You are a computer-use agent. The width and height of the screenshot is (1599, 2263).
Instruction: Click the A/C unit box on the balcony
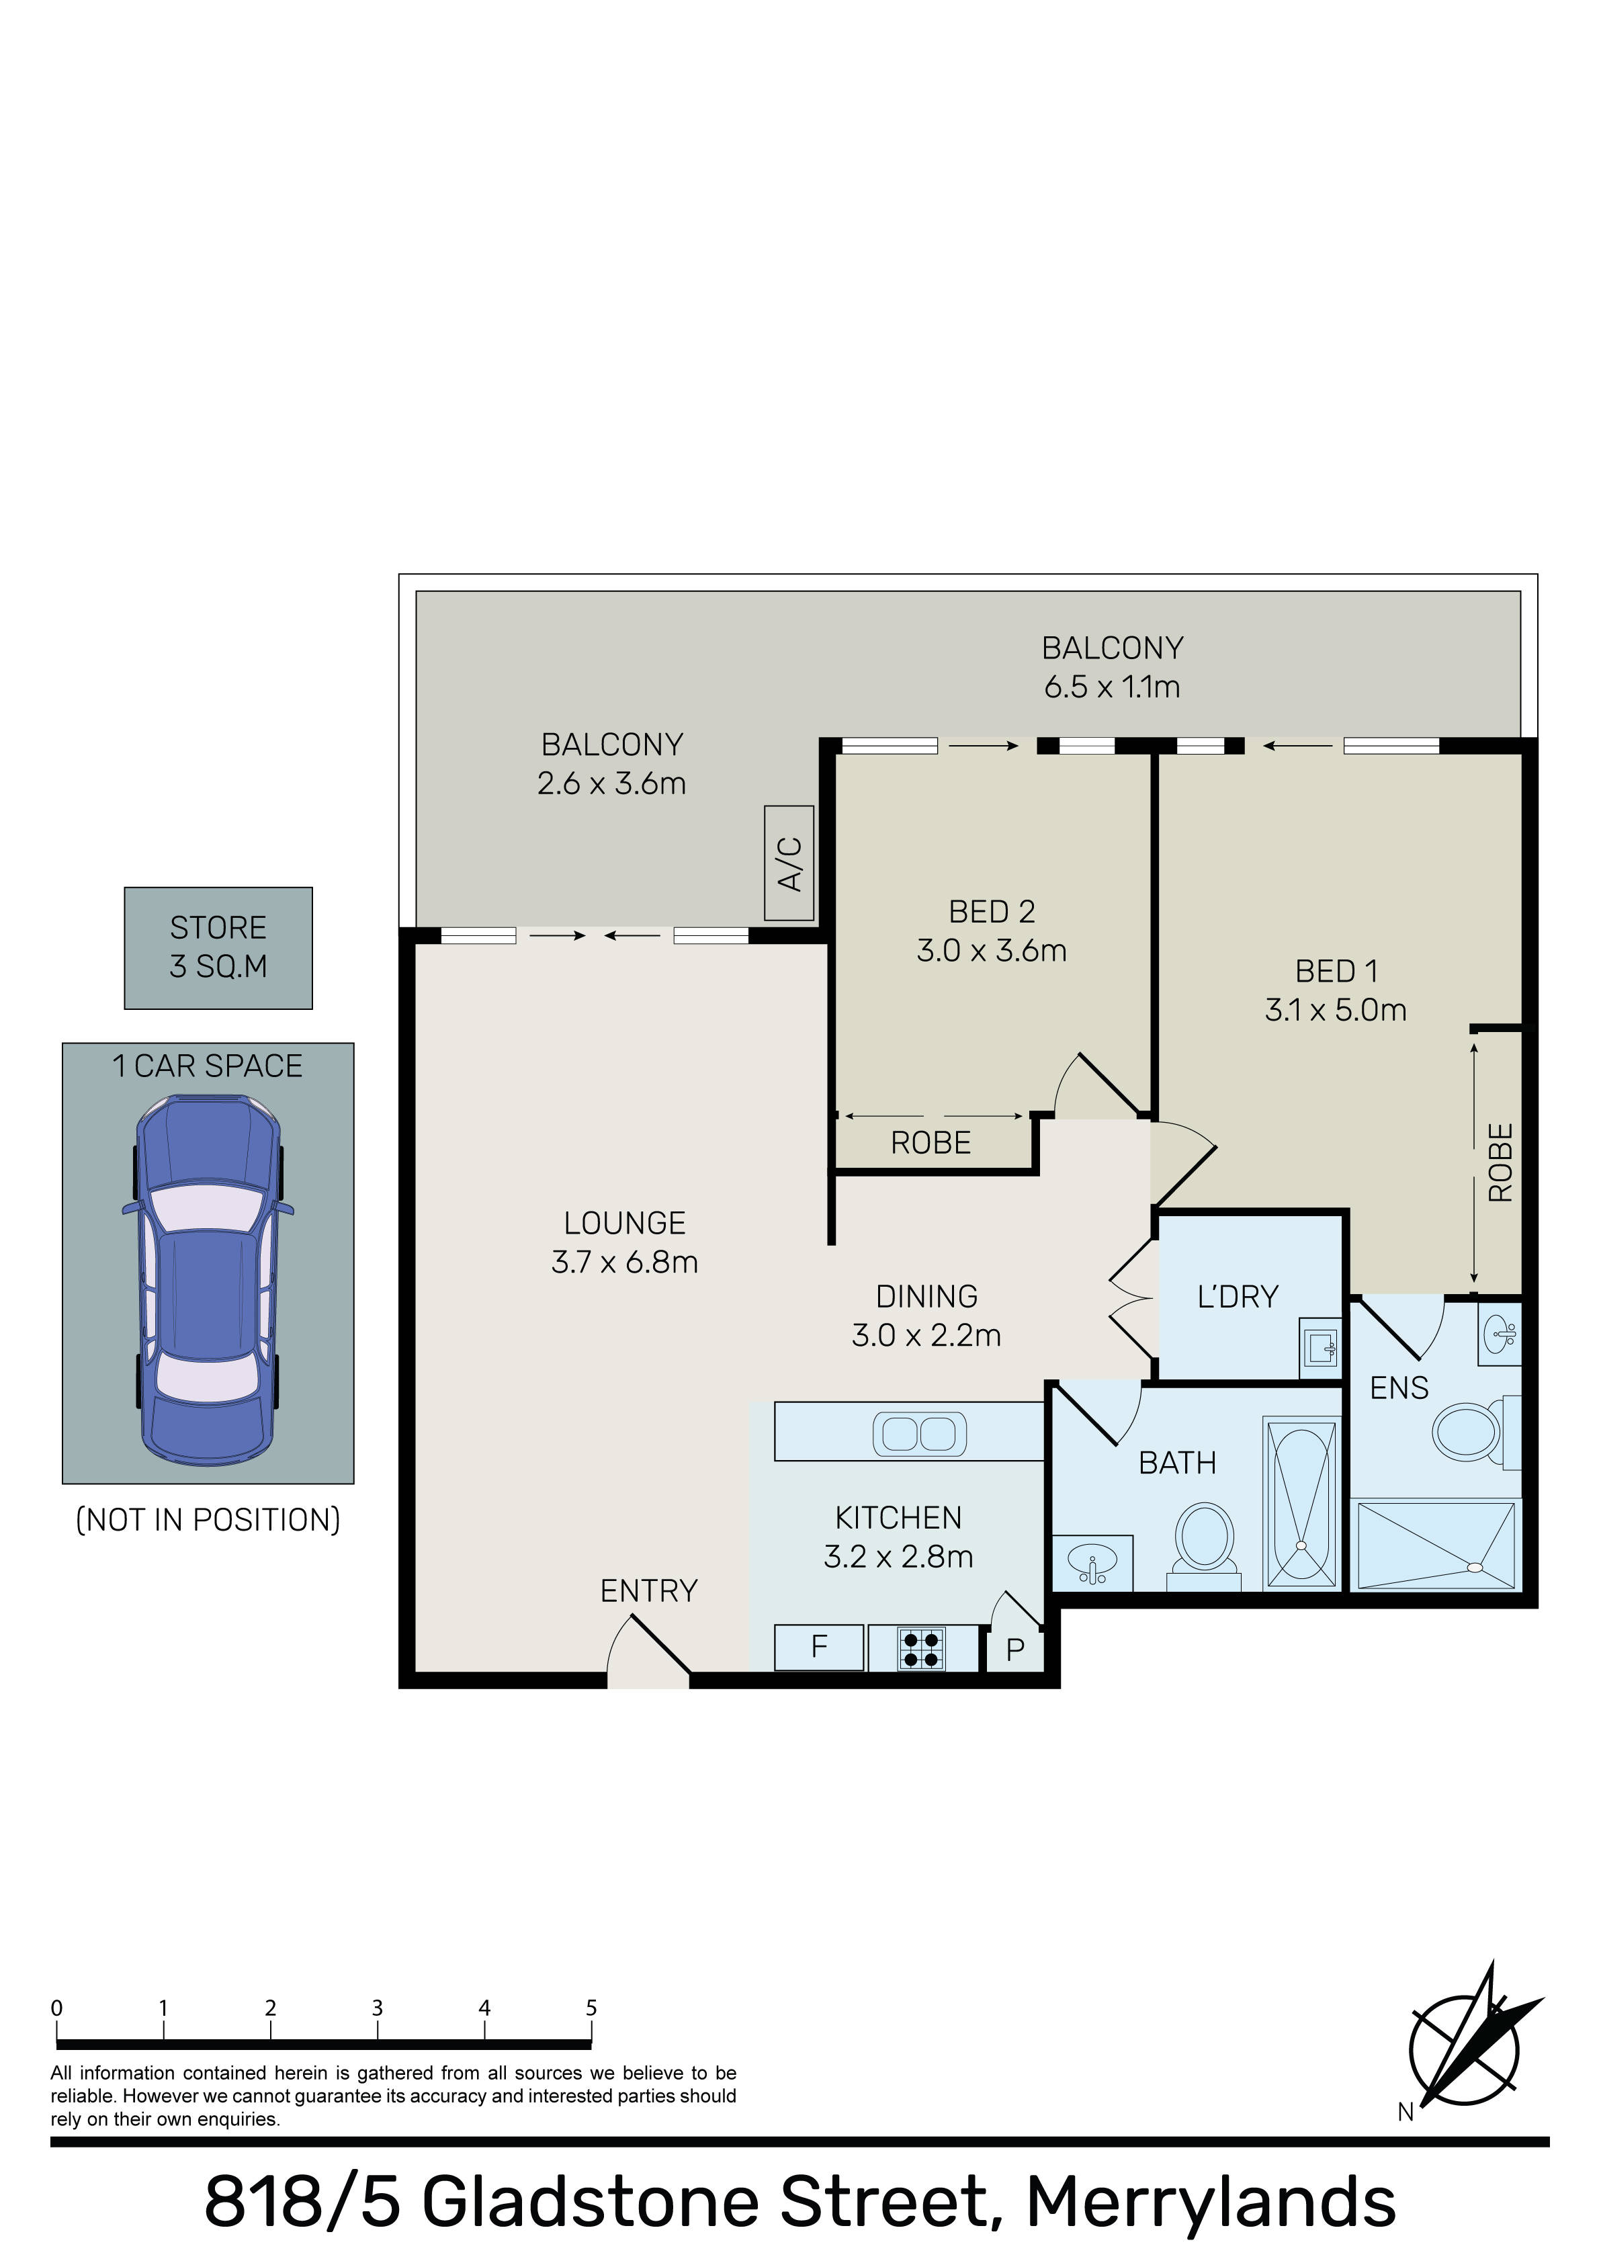[x=789, y=863]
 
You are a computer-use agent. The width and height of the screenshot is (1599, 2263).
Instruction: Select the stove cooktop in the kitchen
[x=920, y=1649]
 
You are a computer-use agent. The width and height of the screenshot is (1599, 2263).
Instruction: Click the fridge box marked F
[x=819, y=1648]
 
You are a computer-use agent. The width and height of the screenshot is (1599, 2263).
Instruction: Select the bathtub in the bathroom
[x=1301, y=1503]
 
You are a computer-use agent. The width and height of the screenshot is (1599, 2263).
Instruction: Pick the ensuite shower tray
[x=1436, y=1545]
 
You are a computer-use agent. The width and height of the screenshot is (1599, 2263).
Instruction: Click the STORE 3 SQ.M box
[x=218, y=947]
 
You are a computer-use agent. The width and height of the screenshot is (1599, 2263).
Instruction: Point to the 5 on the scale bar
[x=591, y=2008]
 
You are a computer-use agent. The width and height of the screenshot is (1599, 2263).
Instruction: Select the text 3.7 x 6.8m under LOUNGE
[x=624, y=1262]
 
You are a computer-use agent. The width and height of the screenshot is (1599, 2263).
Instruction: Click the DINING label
[x=926, y=1296]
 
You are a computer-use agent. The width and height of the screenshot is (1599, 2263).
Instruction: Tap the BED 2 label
[x=992, y=912]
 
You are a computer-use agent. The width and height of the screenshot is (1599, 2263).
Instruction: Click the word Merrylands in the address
[x=1211, y=2202]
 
